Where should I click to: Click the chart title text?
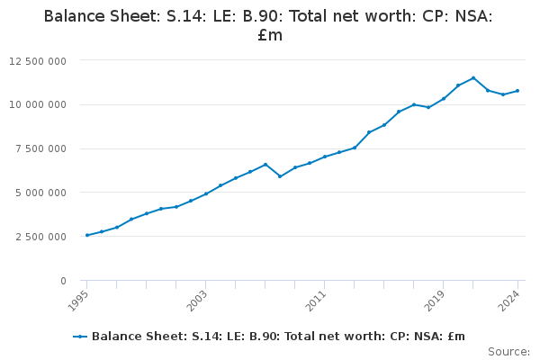click(268, 25)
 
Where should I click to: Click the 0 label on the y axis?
click(63, 281)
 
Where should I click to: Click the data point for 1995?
click(86, 235)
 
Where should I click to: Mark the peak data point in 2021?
click(473, 77)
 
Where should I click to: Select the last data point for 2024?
click(517, 91)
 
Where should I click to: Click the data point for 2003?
click(205, 193)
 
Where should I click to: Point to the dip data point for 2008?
click(280, 176)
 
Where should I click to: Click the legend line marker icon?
click(80, 337)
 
